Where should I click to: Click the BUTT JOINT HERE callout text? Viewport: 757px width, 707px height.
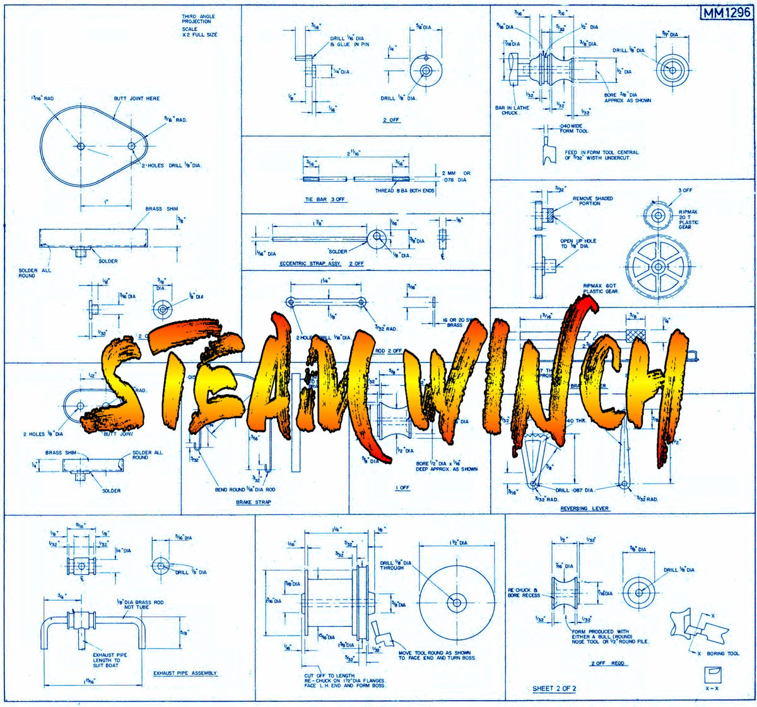click(x=137, y=98)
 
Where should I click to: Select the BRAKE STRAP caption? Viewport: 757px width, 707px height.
click(x=253, y=503)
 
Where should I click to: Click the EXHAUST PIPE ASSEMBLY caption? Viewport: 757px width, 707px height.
click(x=185, y=673)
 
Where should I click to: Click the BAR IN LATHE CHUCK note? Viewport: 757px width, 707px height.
click(x=512, y=110)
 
